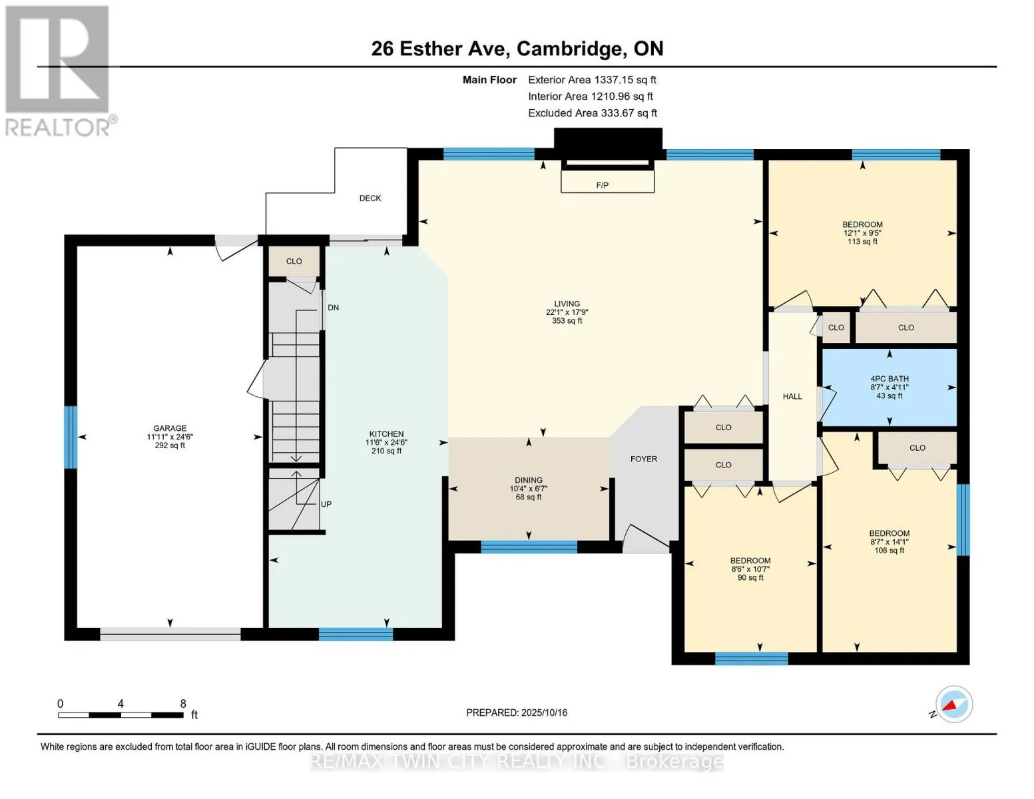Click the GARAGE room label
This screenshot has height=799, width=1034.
click(x=170, y=428)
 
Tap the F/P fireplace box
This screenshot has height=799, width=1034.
click(x=607, y=182)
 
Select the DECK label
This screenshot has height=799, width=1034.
click(x=370, y=198)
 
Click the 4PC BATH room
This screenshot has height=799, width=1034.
click(x=889, y=388)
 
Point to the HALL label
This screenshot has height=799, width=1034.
click(x=792, y=396)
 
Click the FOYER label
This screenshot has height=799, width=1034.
click(x=643, y=459)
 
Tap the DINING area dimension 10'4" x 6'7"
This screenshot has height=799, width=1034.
click(x=528, y=488)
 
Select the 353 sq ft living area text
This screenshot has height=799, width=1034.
click(x=567, y=321)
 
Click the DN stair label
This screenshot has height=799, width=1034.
click(x=333, y=308)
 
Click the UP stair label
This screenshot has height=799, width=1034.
click(x=326, y=504)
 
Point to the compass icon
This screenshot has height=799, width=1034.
click(x=953, y=704)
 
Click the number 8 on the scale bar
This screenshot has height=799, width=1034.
click(x=182, y=703)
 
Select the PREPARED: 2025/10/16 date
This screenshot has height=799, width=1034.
click(x=516, y=712)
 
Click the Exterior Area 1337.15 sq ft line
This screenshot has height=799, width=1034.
click(x=592, y=80)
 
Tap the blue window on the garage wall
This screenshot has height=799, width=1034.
click(x=71, y=437)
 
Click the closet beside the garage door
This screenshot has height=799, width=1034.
click(x=294, y=261)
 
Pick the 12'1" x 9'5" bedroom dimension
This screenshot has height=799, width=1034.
click(x=862, y=233)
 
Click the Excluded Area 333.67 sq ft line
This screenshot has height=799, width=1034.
click(x=593, y=113)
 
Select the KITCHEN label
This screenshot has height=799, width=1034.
click(x=386, y=433)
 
